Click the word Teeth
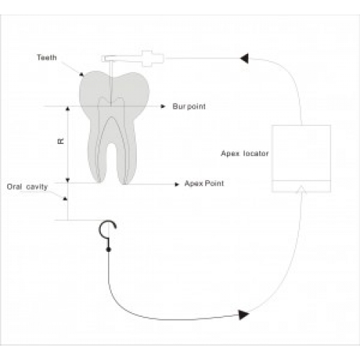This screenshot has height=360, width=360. tap(47, 58)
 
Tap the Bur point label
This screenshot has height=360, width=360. tap(189, 107)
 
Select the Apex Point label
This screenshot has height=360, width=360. tap(204, 184)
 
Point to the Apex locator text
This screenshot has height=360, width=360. tap(245, 153)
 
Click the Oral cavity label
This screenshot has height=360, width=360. tap(27, 186)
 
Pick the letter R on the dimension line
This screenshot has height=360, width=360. tap(61, 141)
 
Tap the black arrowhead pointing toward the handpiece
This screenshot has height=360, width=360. tap(244, 58)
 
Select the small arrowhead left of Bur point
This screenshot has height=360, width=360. tap(163, 107)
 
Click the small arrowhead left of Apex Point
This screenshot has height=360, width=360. tap(177, 184)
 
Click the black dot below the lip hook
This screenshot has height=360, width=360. tap(109, 250)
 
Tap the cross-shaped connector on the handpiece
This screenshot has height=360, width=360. tap(148, 58)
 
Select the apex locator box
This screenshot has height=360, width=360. tap(302, 158)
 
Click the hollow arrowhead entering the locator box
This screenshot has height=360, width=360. tap(302, 189)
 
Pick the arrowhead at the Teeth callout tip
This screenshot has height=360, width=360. tap(82, 74)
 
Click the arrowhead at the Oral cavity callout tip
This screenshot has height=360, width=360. tap(65, 199)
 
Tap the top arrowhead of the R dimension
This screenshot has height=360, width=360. tap(68, 109)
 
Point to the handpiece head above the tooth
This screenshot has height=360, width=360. tap(109, 58)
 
